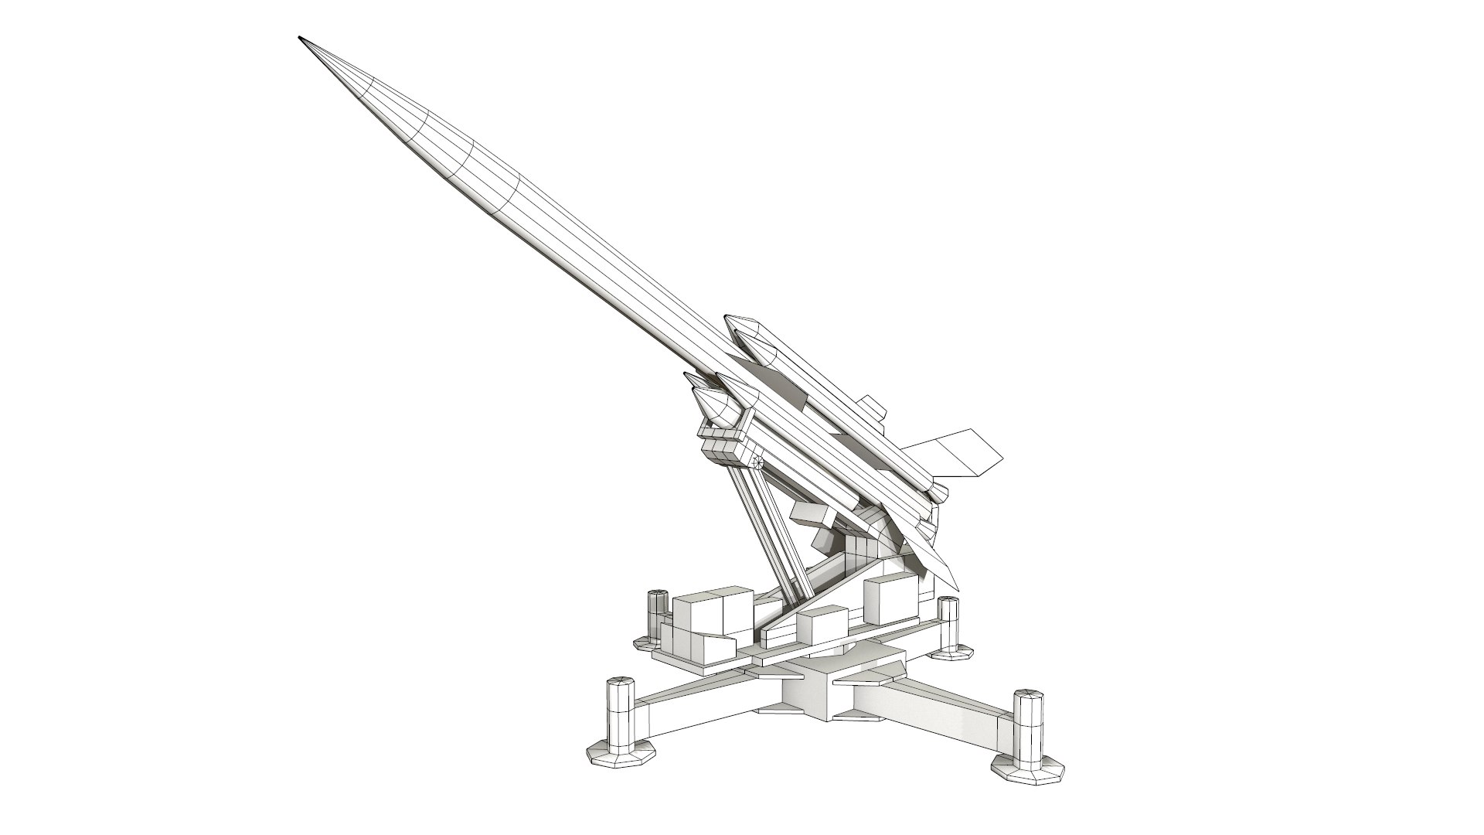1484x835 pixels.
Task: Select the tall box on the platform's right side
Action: pos(888,598)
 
